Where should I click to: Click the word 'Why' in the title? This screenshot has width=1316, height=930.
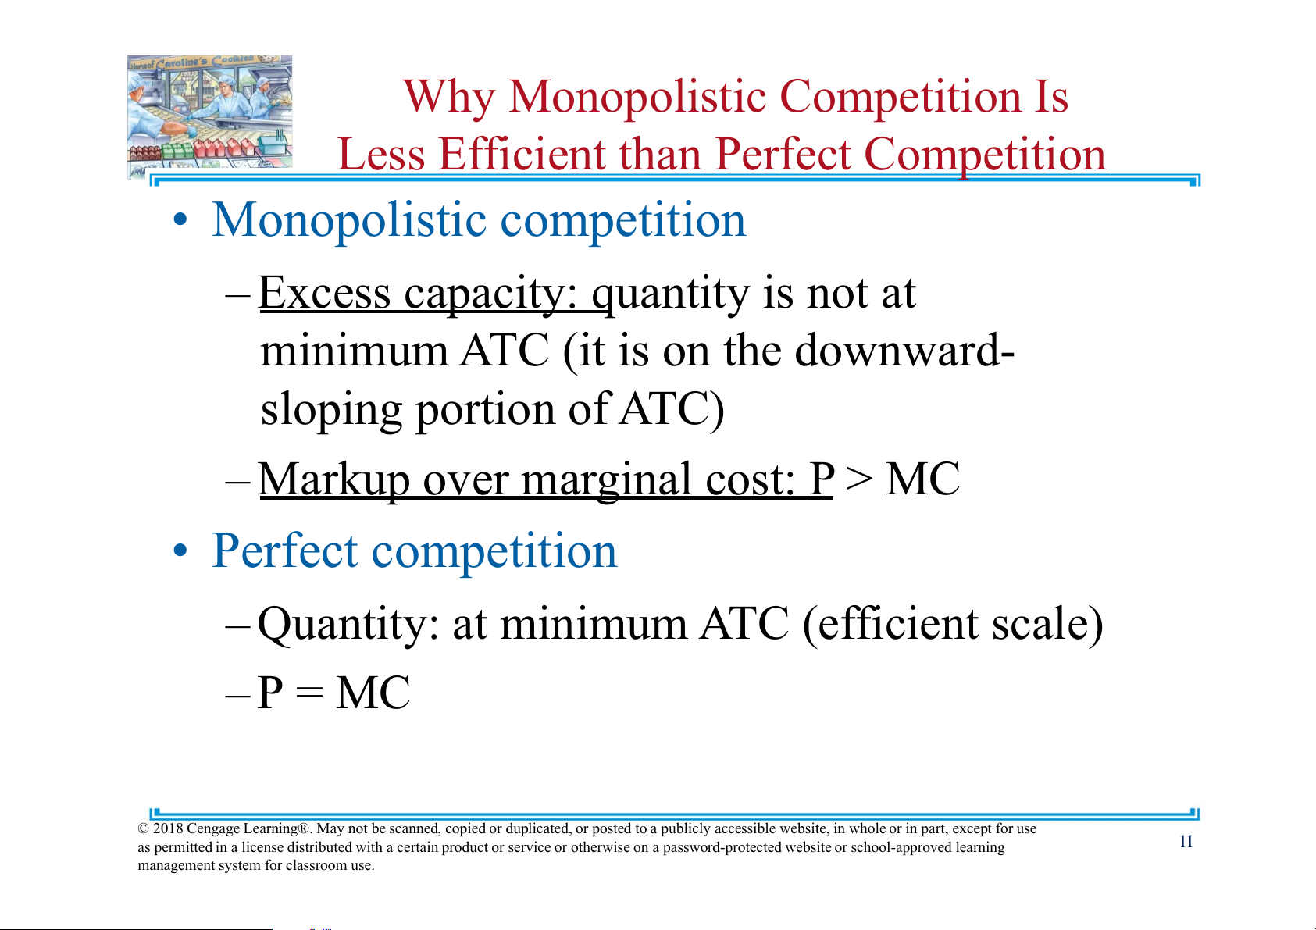(449, 98)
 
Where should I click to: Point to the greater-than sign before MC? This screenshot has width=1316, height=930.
(859, 479)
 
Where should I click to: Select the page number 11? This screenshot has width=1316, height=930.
(1186, 841)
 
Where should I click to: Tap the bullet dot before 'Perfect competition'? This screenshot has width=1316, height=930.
(180, 551)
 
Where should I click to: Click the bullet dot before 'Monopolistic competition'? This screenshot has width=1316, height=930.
(180, 219)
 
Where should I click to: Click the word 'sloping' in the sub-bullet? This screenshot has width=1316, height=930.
(331, 409)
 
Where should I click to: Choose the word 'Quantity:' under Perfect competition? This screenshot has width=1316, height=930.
(348, 624)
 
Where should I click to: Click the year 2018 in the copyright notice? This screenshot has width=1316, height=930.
(168, 828)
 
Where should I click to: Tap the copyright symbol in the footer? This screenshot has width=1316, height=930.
(144, 828)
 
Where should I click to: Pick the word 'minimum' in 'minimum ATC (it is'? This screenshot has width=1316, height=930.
(355, 350)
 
